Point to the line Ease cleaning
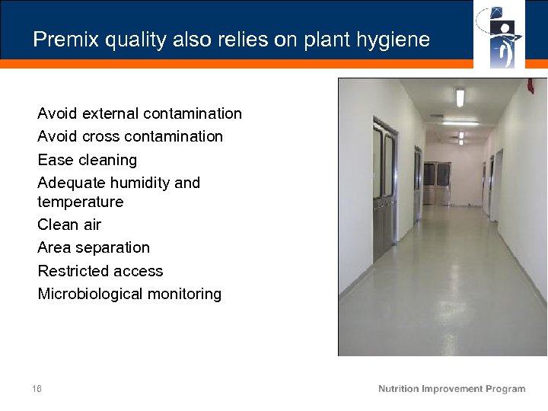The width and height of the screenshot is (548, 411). (88, 160)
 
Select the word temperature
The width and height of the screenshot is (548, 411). (80, 202)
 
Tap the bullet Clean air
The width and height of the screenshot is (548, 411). (69, 225)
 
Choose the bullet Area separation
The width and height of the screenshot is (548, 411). (94, 247)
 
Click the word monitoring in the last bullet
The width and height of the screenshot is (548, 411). (185, 294)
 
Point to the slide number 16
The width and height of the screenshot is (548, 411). (37, 389)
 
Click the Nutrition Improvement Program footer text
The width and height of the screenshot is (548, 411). (451, 389)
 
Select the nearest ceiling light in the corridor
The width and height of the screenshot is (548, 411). (460, 97)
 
